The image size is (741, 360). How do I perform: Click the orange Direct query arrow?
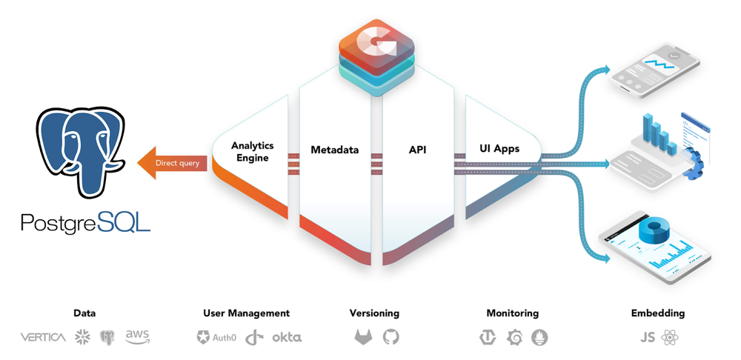pos(172,163)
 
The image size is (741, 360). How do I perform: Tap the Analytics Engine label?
pos(253,151)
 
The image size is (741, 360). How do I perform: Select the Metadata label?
pos(335,150)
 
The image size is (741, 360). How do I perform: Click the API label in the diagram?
pos(418,150)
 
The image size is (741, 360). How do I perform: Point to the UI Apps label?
pos(499,149)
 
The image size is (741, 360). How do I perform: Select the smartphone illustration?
pos(654,70)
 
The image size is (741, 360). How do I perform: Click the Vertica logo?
pos(43,337)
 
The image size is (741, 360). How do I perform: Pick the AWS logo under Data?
pos(138,337)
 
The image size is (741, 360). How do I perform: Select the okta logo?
pos(287,337)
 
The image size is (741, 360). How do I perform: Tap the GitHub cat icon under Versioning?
pos(391,337)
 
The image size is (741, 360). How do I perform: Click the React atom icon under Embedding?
pos(670,337)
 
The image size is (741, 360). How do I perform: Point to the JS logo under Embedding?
pos(648,338)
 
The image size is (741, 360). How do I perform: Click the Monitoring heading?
pos(512,313)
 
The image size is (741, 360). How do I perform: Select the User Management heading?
pos(246,313)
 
